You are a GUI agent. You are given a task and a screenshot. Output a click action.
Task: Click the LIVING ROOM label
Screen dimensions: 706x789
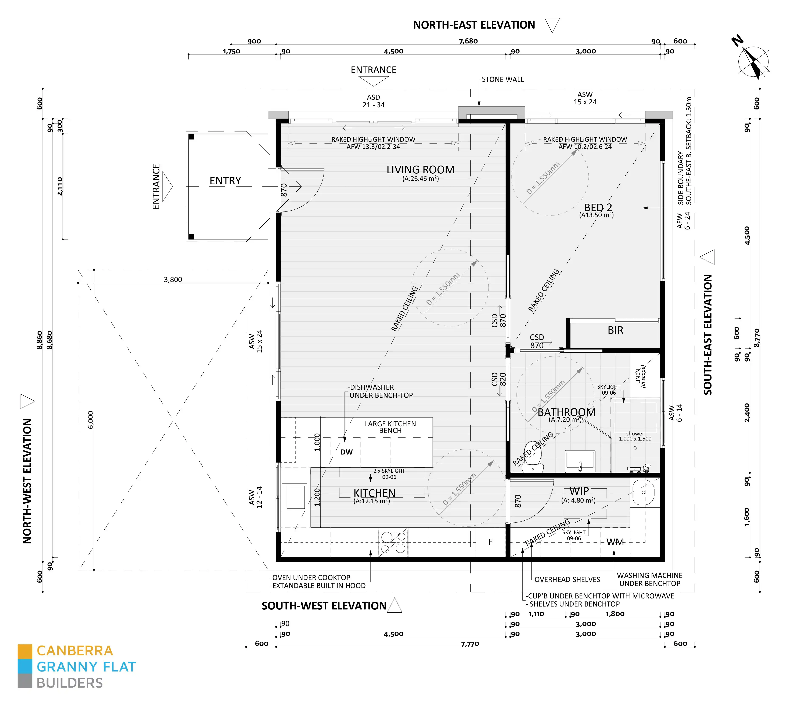420,170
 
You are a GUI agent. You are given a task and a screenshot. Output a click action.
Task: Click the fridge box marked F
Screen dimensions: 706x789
491,542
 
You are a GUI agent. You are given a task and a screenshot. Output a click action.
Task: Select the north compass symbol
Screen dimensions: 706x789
753,61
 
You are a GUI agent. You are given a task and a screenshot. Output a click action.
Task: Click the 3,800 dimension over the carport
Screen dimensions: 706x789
173,279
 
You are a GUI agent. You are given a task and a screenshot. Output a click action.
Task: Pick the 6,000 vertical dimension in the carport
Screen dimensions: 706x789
90,420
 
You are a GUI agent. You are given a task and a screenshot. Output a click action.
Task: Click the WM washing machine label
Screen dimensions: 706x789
615,542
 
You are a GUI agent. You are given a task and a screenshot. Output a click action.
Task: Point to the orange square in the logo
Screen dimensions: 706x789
25,651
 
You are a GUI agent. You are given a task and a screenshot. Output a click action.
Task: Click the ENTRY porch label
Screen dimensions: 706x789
225,181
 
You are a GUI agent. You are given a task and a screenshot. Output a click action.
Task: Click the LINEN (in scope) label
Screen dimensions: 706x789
640,376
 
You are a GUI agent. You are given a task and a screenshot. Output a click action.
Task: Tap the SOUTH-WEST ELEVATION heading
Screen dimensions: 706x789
324,606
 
